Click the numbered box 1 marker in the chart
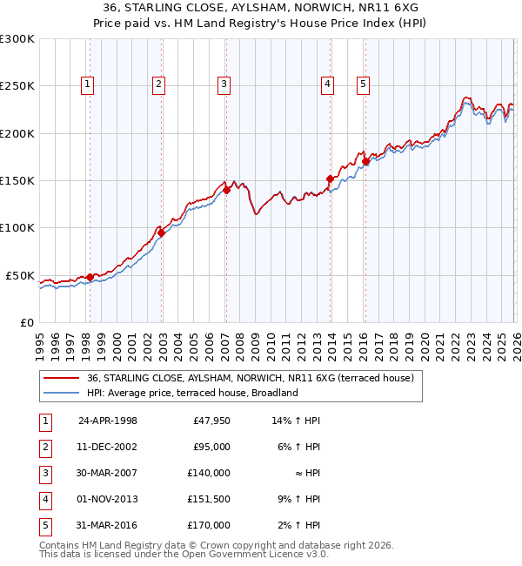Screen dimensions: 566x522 click(x=89, y=84)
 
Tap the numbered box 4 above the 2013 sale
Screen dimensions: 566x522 click(x=327, y=84)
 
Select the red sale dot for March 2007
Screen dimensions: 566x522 click(x=226, y=190)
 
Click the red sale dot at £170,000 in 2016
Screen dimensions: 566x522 click(x=365, y=161)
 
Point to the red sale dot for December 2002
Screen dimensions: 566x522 click(x=161, y=232)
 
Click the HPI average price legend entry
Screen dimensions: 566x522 click(x=192, y=393)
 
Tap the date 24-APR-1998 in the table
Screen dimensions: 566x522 click(x=108, y=421)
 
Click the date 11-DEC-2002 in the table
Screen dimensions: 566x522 click(x=108, y=447)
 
